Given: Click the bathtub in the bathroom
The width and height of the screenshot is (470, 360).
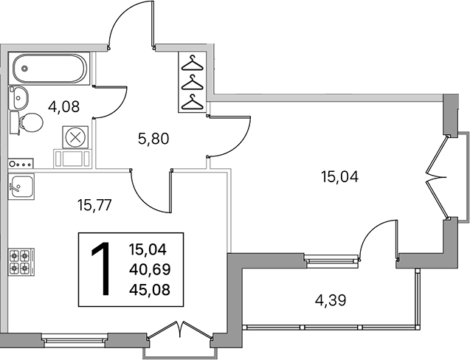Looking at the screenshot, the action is [49, 69].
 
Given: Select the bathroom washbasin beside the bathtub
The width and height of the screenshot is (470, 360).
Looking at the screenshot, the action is [18, 97].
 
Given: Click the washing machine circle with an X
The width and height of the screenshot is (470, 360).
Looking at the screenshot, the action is [75, 137].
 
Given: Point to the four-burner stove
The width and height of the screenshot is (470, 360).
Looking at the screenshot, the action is [21, 262].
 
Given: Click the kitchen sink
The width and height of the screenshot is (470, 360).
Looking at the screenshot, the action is [21, 187].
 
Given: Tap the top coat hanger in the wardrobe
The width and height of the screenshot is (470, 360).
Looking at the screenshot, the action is [193, 63].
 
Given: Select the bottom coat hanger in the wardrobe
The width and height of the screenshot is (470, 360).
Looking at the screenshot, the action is [193, 103].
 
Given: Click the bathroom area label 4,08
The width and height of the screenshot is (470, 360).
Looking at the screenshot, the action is [64, 107].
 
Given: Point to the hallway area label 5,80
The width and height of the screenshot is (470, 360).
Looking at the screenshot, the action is [153, 139].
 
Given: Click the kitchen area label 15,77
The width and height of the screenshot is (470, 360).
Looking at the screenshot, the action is [94, 205].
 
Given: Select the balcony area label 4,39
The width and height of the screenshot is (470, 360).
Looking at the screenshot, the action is [331, 300].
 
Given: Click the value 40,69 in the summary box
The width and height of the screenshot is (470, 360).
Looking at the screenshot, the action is [150, 269].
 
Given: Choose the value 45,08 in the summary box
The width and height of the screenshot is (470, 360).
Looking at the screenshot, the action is [150, 290].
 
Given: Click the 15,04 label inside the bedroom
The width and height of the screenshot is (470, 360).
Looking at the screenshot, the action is [339, 176].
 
